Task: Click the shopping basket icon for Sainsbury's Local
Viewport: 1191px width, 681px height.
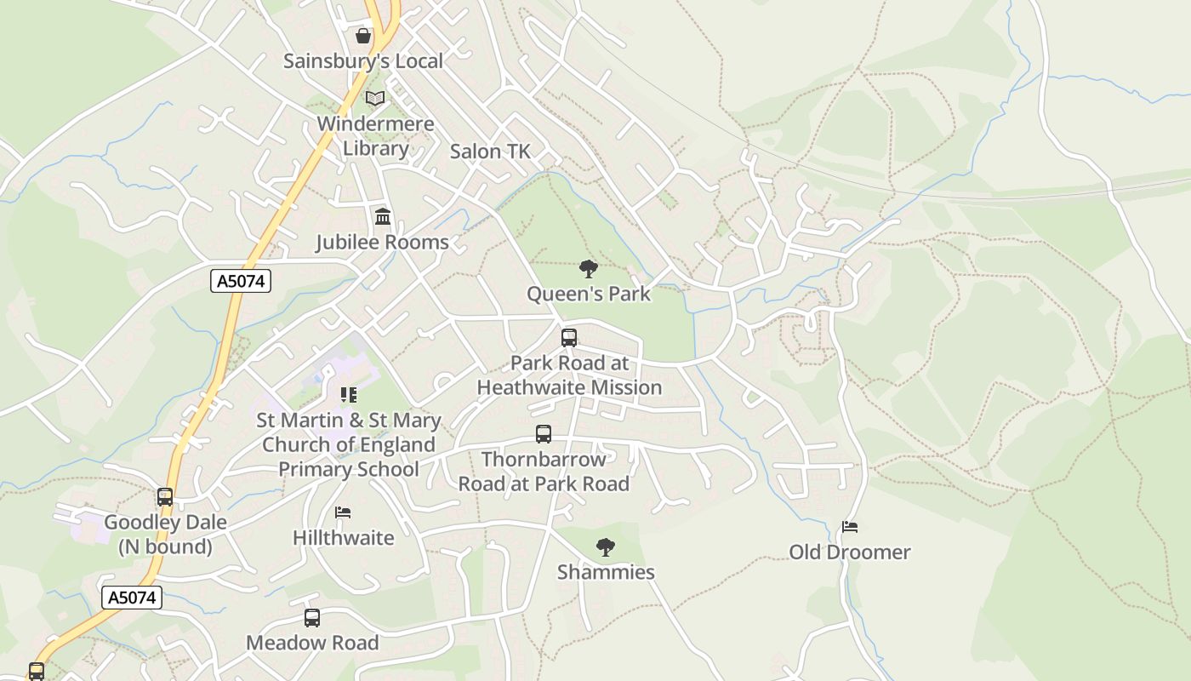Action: click(x=363, y=36)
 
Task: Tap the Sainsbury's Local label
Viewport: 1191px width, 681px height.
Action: click(x=363, y=61)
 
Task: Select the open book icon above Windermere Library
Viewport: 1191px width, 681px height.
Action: click(x=375, y=98)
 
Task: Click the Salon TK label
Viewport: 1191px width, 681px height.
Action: click(x=490, y=152)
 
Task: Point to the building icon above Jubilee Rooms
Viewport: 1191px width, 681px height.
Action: click(x=383, y=216)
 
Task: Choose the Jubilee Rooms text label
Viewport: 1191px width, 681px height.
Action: click(x=383, y=242)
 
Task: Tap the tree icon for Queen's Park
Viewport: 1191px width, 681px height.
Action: click(x=588, y=269)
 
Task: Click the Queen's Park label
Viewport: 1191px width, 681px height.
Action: click(x=589, y=295)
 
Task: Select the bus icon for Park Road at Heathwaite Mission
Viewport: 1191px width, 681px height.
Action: click(x=569, y=337)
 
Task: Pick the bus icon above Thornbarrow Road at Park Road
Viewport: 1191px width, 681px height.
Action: click(x=544, y=434)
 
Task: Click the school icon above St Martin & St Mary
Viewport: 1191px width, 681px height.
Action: click(x=349, y=394)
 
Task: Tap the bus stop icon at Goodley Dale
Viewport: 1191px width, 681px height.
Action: click(x=165, y=496)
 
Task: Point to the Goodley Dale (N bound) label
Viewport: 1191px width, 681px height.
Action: click(x=165, y=534)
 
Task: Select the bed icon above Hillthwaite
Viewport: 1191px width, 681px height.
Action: click(x=343, y=512)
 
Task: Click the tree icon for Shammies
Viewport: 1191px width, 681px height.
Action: click(x=606, y=547)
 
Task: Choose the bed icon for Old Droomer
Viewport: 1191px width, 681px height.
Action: click(x=849, y=527)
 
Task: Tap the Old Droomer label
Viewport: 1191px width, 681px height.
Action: click(x=849, y=552)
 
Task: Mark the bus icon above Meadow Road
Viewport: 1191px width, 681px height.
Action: click(x=312, y=618)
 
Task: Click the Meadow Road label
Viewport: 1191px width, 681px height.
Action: click(x=312, y=643)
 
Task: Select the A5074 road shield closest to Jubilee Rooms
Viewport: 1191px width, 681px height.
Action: click(x=241, y=281)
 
